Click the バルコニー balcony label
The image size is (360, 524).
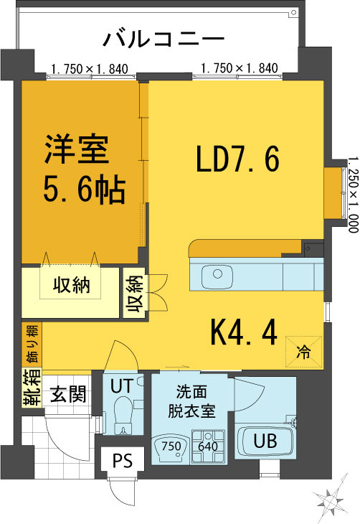164,38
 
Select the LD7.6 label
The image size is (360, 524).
237,159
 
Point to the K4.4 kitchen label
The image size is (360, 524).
243,332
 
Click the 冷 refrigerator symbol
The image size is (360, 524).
304,352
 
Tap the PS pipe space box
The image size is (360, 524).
122,459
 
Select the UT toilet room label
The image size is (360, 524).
120,385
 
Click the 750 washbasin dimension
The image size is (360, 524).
171,446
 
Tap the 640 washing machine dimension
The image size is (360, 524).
208,446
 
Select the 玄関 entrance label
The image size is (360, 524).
68,394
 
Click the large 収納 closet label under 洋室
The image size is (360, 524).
70,285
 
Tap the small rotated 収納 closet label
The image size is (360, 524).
135,294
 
